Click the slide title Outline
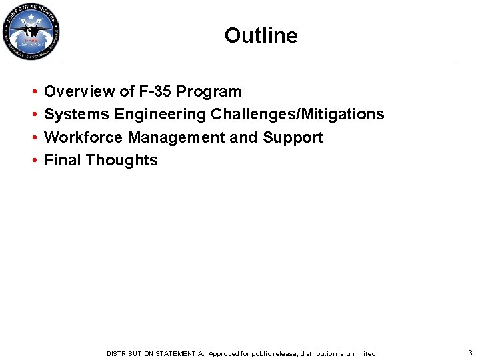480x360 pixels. coord(261,35)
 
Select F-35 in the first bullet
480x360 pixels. coord(150,91)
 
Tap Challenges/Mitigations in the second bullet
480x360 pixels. coord(297,115)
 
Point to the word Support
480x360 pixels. coord(293,137)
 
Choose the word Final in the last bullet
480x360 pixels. coord(63,160)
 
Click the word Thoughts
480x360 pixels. coord(122,160)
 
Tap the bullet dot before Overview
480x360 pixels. coord(33,92)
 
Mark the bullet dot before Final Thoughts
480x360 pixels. coord(33,161)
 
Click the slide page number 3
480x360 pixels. coord(470,353)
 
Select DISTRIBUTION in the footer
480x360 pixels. coord(130,353)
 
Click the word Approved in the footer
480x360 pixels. coord(225,353)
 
